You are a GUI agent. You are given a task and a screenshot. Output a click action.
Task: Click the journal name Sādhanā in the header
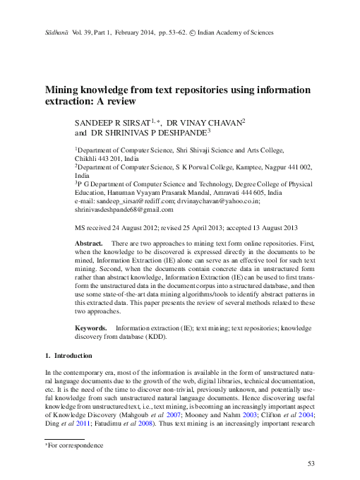coord(56,33)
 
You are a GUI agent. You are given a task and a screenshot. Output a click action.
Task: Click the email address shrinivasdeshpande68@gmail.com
coord(124,210)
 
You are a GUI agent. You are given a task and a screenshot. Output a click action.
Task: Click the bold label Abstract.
coord(89,243)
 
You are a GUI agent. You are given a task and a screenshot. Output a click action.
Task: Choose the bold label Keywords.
coord(91,329)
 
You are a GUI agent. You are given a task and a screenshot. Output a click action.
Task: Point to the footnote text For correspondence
coord(76,446)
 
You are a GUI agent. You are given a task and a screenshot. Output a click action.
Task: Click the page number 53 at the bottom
coord(310,463)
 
